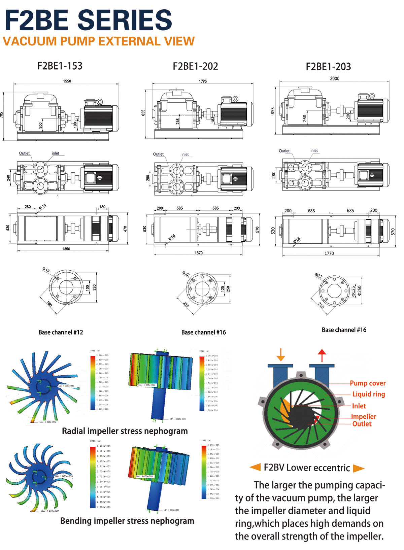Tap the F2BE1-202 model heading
(x=195, y=66)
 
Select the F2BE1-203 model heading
(x=328, y=67)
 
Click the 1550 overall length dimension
(x=67, y=81)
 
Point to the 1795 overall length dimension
(x=203, y=81)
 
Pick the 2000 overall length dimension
(x=335, y=78)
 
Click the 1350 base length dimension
(x=66, y=249)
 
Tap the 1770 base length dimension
(x=329, y=253)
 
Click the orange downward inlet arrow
(x=280, y=355)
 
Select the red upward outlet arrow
(x=322, y=355)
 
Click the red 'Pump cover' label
(x=368, y=383)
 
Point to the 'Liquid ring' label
(x=369, y=394)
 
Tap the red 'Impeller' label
(x=364, y=416)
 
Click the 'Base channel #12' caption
(x=61, y=332)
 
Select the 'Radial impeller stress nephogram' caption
(x=125, y=431)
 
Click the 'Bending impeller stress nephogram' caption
(x=127, y=521)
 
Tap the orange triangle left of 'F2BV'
(x=255, y=467)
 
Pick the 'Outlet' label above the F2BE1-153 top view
(x=24, y=153)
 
